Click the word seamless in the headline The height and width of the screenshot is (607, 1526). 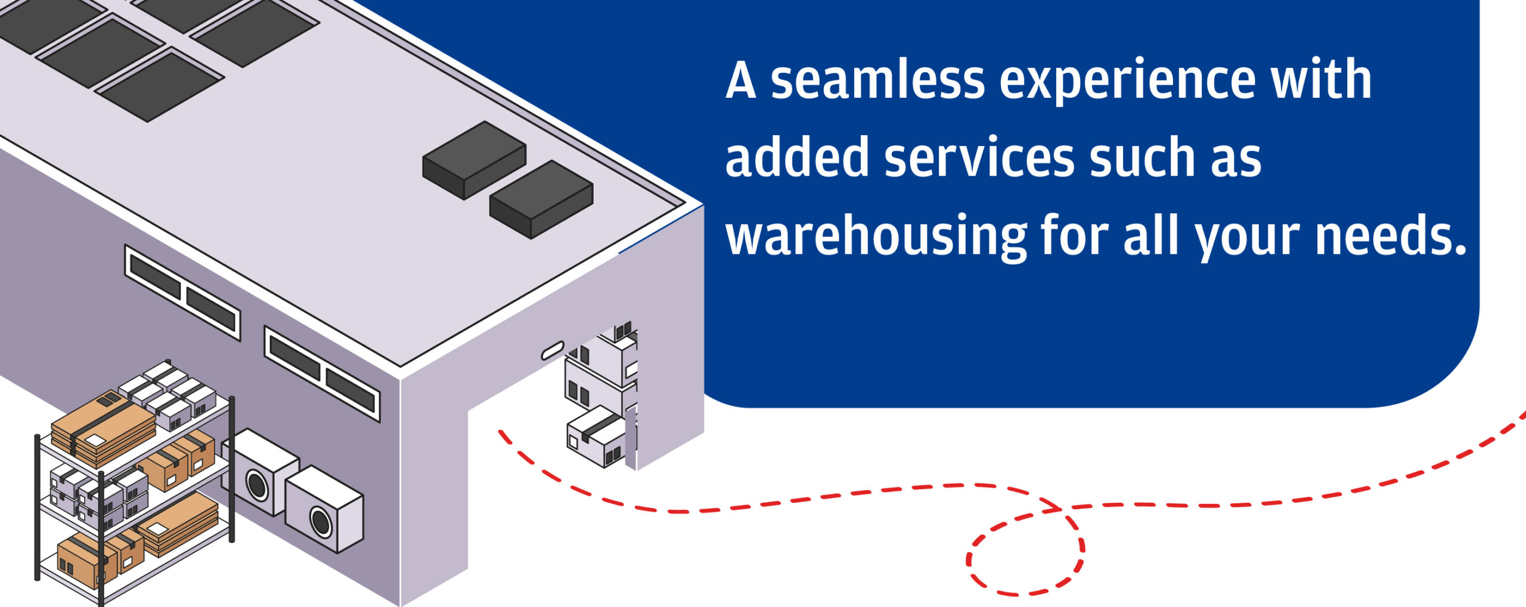click(x=877, y=80)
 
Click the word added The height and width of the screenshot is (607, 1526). click(x=796, y=158)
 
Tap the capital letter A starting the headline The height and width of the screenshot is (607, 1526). click(x=741, y=80)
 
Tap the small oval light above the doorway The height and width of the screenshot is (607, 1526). click(x=552, y=350)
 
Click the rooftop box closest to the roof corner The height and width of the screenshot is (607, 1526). click(x=541, y=198)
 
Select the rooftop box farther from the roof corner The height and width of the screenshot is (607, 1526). click(x=474, y=160)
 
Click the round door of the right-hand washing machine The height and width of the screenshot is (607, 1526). click(x=321, y=522)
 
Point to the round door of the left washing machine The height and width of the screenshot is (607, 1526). click(x=257, y=485)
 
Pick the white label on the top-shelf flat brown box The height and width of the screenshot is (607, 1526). click(x=95, y=440)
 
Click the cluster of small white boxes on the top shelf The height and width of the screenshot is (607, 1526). click(x=168, y=393)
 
